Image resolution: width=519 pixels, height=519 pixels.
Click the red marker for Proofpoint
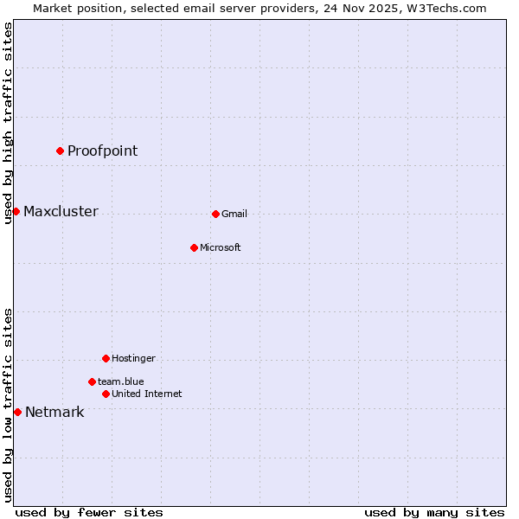point(60,151)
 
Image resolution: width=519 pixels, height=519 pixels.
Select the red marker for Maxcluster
point(16,211)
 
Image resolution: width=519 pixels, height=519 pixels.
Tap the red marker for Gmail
point(215,214)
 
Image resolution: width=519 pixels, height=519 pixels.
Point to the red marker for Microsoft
point(194,247)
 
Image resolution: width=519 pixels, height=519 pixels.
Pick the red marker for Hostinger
point(106,358)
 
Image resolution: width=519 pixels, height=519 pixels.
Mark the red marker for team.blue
point(92,381)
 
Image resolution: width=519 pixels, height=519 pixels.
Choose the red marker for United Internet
point(106,394)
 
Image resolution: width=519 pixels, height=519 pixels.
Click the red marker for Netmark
point(17,412)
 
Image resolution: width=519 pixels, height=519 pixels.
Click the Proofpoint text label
point(102,151)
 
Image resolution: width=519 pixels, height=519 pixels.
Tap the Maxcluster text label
point(61,212)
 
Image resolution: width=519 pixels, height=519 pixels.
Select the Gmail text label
point(234,215)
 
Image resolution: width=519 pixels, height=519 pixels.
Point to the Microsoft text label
point(221,248)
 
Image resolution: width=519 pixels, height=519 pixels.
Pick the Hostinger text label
point(133,359)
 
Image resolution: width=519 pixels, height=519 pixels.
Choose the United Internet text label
point(147,394)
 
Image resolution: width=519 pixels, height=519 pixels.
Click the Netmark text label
point(54,413)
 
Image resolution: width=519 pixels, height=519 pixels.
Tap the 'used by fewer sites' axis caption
point(89,513)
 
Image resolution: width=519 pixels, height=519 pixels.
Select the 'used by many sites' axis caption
point(434,513)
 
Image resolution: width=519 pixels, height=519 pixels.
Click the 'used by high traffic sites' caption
point(9,123)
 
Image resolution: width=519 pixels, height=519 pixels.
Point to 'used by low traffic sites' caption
point(9,405)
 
